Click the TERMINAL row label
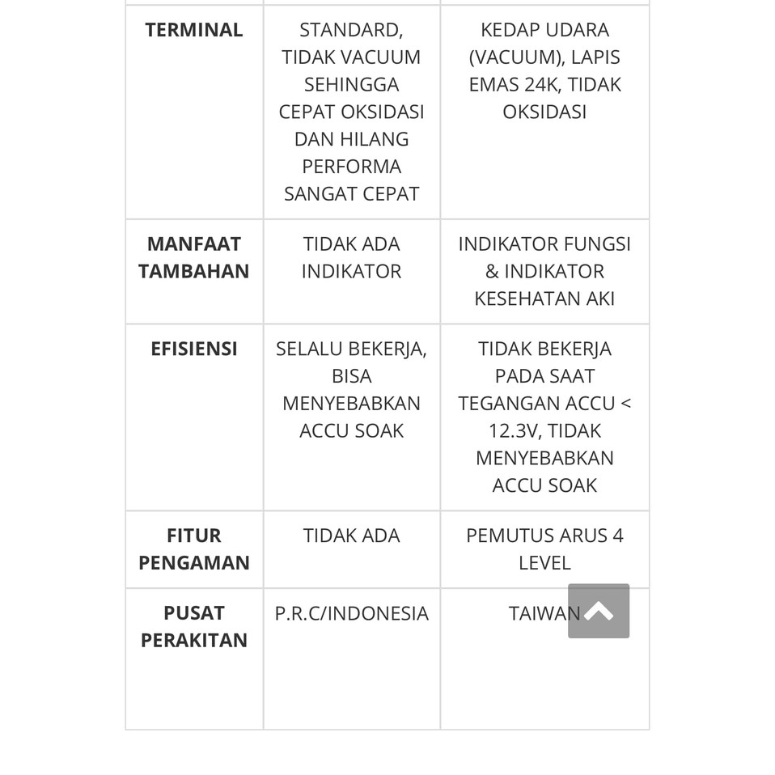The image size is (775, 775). click(193, 30)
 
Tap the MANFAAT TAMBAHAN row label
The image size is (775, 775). click(193, 257)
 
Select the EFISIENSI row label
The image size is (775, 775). click(193, 349)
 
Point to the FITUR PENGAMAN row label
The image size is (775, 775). click(193, 548)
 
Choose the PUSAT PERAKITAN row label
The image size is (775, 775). click(193, 626)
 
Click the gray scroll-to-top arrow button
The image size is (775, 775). click(599, 611)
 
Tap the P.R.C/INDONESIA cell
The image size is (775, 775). click(351, 613)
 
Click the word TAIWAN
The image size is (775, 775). click(544, 613)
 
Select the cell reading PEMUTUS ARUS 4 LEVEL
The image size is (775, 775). click(544, 548)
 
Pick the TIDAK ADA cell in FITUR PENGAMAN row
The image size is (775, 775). click(351, 536)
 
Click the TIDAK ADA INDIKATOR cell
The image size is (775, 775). click(351, 257)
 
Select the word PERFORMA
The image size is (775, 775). click(351, 166)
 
